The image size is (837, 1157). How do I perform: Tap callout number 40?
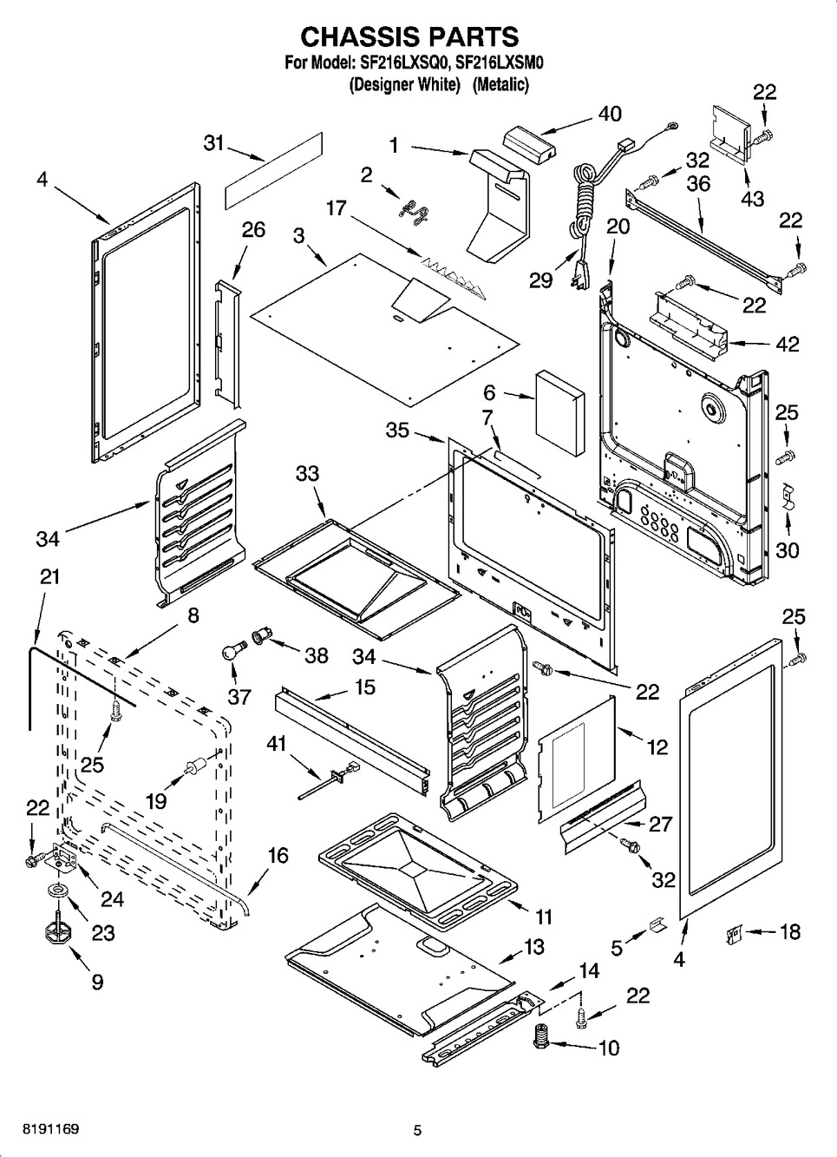point(610,114)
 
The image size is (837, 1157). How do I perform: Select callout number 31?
point(213,143)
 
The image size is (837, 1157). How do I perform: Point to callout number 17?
point(336,208)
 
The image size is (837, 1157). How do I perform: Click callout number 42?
point(787,344)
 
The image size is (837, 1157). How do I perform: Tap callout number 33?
point(307,474)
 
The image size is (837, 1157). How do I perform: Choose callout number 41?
point(276,744)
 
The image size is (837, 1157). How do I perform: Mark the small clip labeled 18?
point(733,935)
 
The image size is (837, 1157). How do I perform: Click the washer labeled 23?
point(57,891)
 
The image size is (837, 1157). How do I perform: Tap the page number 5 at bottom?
point(417,1130)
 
